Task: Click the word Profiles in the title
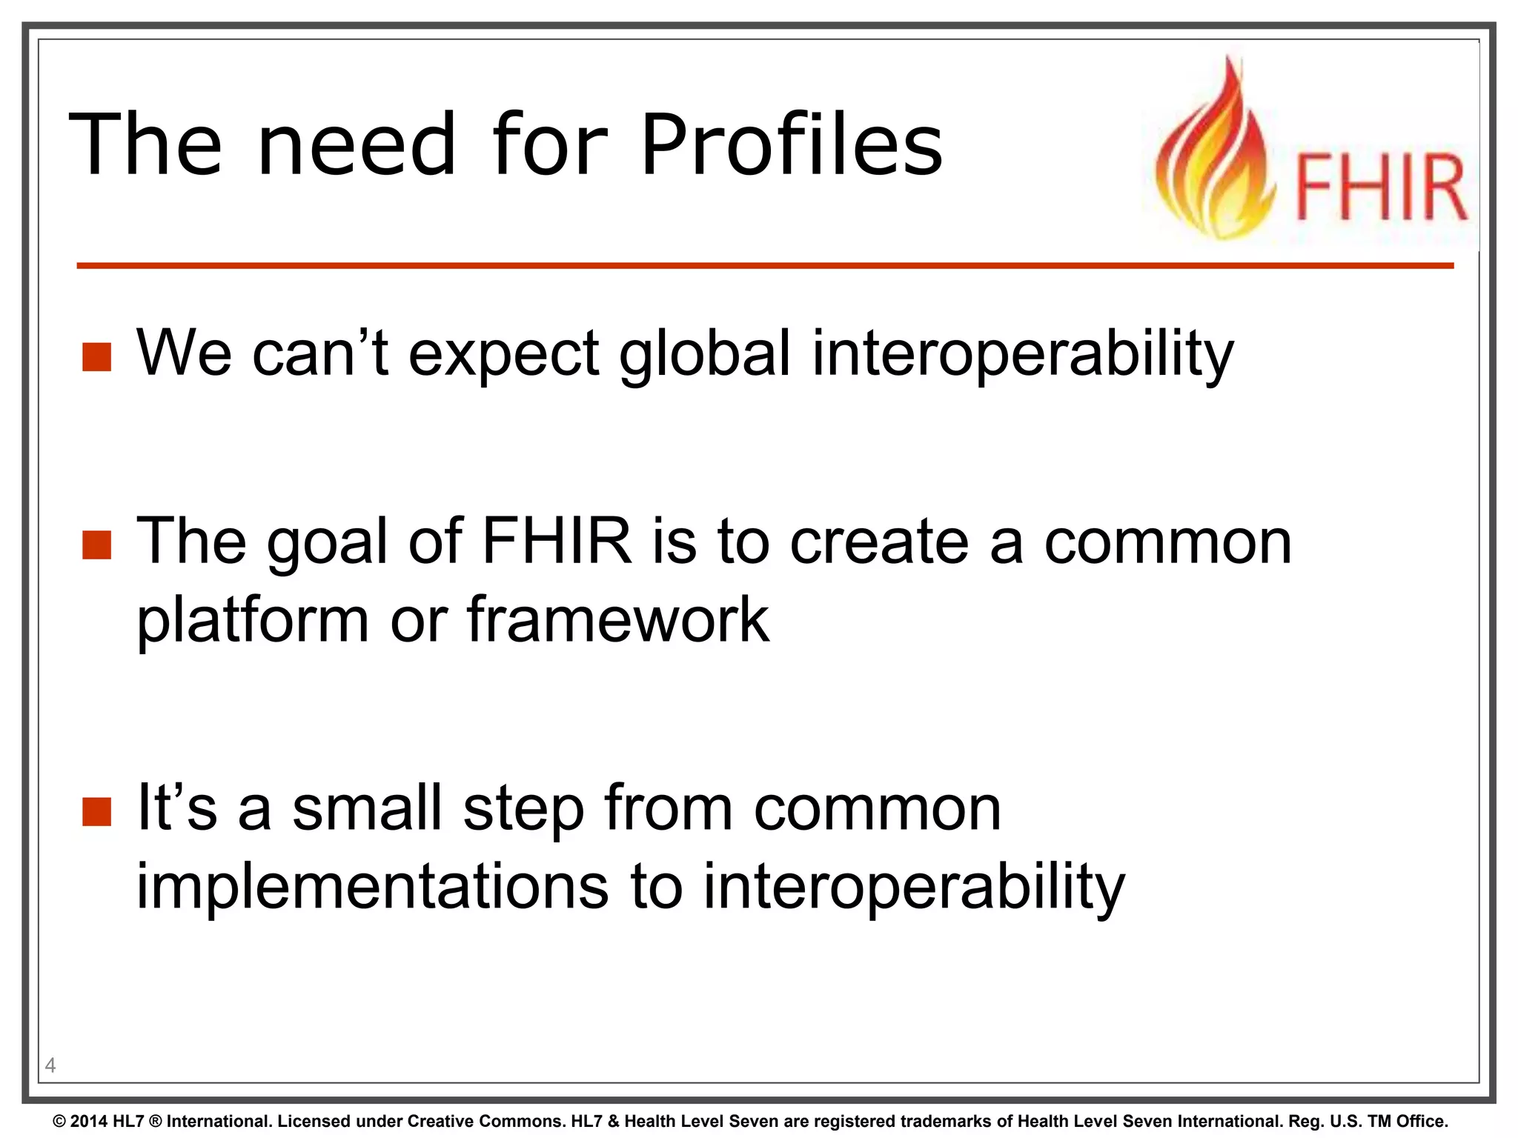click(791, 144)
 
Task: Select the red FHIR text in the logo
click(1380, 187)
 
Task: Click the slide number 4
click(50, 1065)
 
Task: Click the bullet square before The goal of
click(96, 545)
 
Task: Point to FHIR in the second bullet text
click(557, 541)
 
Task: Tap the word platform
click(252, 621)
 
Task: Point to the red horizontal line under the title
click(763, 265)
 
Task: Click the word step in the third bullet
click(524, 809)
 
